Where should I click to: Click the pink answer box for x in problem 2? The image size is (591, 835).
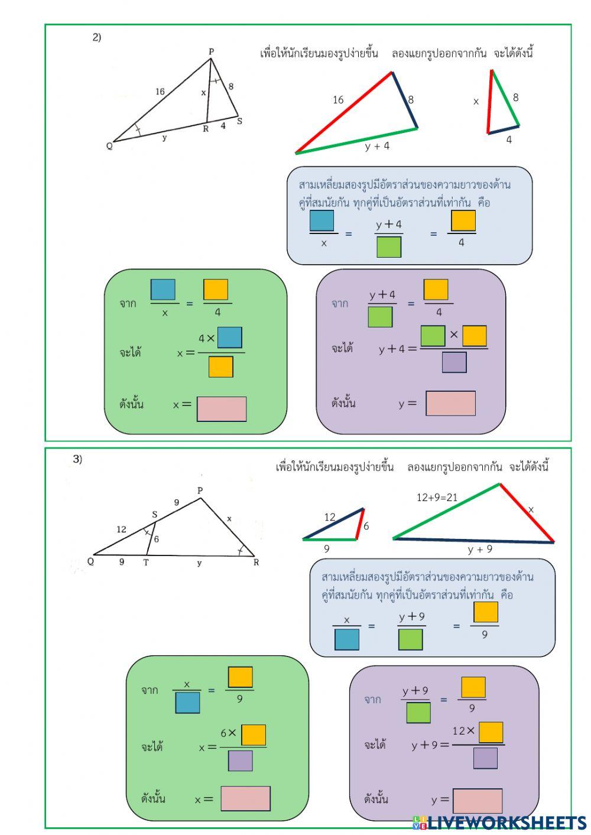tap(222, 409)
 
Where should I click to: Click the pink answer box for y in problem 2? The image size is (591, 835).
tap(450, 403)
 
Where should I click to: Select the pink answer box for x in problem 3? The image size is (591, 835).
tap(245, 798)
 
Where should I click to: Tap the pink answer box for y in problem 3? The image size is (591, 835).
tap(478, 801)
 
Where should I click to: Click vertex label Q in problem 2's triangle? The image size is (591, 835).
tap(109, 146)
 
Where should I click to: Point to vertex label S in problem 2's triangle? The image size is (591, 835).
tap(239, 121)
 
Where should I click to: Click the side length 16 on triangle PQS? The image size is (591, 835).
tap(160, 92)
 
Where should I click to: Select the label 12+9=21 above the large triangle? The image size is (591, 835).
tap(437, 497)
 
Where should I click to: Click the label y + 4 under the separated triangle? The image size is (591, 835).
tap(377, 146)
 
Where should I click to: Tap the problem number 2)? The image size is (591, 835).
tap(96, 37)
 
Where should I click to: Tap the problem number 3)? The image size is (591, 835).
tap(77, 459)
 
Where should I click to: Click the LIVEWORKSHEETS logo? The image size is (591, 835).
tap(499, 823)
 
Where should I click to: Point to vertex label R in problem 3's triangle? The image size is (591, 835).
tap(256, 562)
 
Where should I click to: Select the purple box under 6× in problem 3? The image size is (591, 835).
tap(240, 761)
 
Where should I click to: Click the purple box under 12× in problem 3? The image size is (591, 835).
tap(485, 758)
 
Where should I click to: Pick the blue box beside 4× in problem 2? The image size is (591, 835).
tap(230, 337)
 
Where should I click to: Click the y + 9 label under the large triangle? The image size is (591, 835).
tap(480, 549)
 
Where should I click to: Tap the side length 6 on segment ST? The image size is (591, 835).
tap(156, 539)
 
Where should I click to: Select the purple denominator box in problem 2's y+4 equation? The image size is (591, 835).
tap(454, 362)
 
